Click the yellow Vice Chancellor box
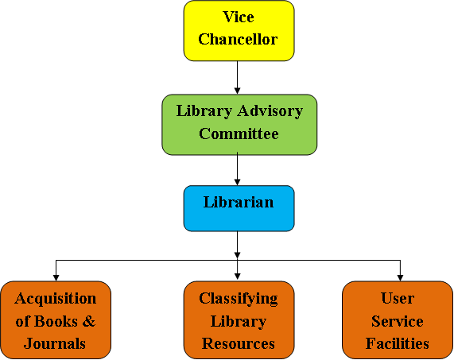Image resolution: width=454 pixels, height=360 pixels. click(x=239, y=31)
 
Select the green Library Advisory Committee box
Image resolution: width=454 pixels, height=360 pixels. click(x=239, y=125)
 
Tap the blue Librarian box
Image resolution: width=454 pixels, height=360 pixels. click(x=239, y=208)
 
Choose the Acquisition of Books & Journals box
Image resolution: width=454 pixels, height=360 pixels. click(x=56, y=320)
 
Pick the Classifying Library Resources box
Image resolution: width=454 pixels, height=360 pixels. click(x=239, y=320)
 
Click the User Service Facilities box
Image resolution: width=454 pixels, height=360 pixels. click(x=398, y=320)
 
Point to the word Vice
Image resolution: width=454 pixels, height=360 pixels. click(x=239, y=17)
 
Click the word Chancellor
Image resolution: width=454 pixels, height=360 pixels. click(x=238, y=39)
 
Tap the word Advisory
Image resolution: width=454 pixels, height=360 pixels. click(x=270, y=112)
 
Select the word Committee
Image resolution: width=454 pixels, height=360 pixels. click(x=239, y=134)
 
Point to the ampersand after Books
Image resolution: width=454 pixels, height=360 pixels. click(x=89, y=321)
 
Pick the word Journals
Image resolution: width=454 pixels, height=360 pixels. click(x=55, y=344)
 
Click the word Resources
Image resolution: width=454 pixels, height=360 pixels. click(x=239, y=344)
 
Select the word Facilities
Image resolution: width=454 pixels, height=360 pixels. click(x=398, y=343)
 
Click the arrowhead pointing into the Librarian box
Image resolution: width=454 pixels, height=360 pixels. click(x=238, y=182)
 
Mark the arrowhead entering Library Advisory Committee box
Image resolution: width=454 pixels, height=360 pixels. click(x=238, y=91)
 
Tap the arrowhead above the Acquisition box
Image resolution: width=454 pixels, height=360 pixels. click(x=56, y=278)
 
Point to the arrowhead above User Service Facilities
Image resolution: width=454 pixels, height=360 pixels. click(x=400, y=278)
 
